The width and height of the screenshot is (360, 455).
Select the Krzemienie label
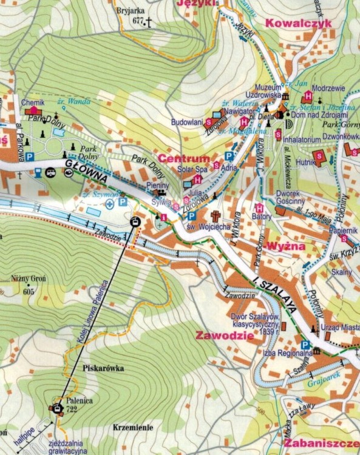point(132,427)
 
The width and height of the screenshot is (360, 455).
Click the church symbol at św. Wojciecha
point(215,216)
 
